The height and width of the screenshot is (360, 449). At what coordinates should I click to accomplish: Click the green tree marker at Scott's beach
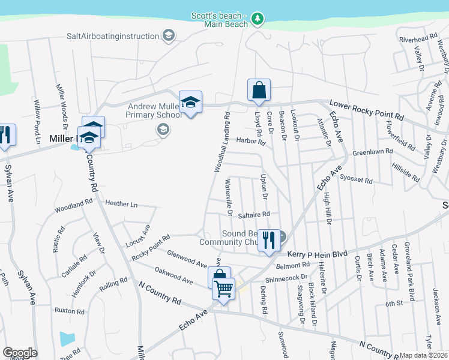pos(258,19)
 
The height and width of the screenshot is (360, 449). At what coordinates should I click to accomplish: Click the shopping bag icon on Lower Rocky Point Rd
pos(259,91)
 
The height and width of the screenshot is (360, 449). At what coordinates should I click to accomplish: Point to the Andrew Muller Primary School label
pos(154,110)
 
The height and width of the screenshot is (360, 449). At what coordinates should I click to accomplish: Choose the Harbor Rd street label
pos(251,142)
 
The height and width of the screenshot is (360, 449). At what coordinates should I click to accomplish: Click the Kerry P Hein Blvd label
pos(318,254)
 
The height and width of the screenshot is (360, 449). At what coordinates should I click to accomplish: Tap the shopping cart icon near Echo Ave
pos(224,290)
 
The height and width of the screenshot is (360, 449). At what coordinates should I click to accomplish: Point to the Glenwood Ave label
pos(186,260)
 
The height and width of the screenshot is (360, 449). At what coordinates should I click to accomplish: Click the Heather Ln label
pos(121,204)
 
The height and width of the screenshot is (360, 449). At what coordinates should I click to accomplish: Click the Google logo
pos(20,353)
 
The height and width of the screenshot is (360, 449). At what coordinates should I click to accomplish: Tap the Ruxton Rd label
pos(69,311)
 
